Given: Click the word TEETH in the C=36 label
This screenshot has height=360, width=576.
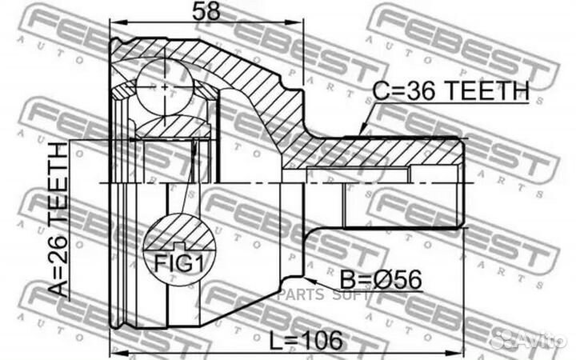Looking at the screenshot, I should coord(490,92).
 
